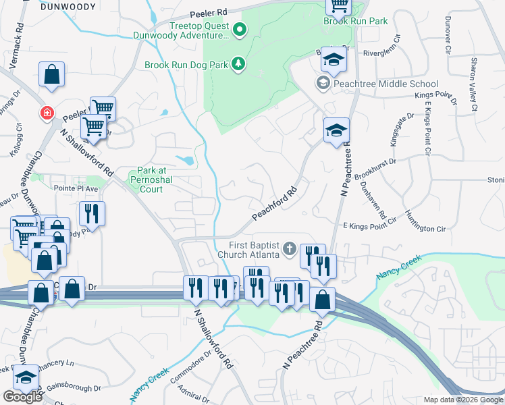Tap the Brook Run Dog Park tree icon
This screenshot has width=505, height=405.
238,64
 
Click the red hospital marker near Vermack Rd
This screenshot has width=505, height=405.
47,113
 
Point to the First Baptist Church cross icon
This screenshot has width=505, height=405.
290,248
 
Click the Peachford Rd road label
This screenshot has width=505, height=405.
275,203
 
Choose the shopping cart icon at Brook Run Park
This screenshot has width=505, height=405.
339,5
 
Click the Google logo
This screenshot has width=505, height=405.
22,397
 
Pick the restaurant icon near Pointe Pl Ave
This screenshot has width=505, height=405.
92,214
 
